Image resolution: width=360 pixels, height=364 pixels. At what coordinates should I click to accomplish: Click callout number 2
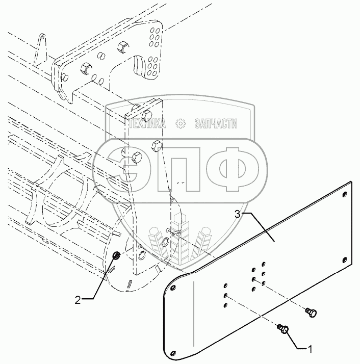pyautogui.click(x=78, y=300)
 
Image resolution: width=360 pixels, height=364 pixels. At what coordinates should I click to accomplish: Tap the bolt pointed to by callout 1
pyautogui.click(x=283, y=330)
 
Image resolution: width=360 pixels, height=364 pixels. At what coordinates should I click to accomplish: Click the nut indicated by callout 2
pyautogui.click(x=116, y=255)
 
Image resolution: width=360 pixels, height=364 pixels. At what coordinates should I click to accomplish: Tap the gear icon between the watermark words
pyautogui.click(x=179, y=123)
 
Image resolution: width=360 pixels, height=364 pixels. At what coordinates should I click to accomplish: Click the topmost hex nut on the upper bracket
pyautogui.click(x=123, y=47)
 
